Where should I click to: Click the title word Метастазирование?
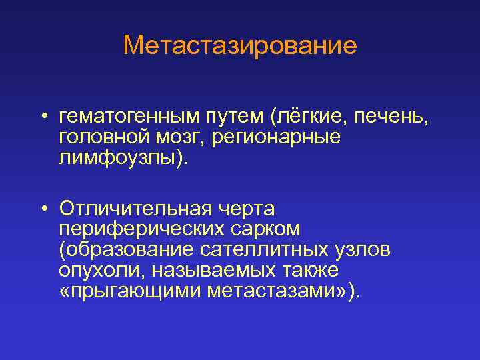pos(240,45)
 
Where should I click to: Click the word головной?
pos(103,138)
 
